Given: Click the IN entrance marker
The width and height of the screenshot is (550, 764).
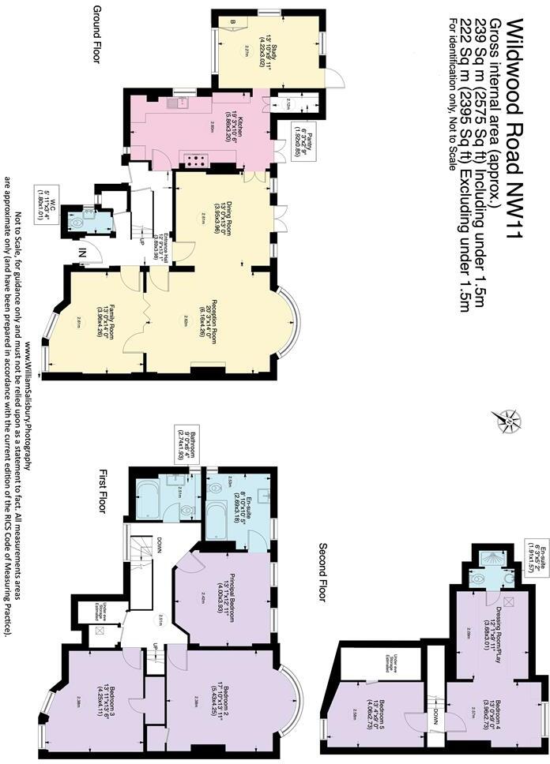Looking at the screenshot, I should [x=81, y=253].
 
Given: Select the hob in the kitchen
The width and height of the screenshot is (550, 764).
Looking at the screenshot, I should [x=194, y=159].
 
